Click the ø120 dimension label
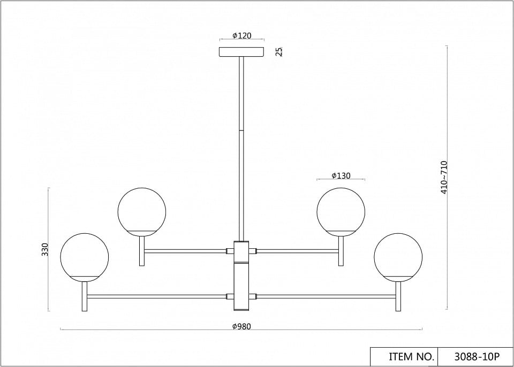click(x=242, y=36)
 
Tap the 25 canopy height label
click(x=279, y=52)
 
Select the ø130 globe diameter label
click(x=341, y=175)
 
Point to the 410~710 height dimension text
click(x=444, y=177)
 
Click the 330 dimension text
click(x=45, y=249)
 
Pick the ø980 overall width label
click(x=241, y=326)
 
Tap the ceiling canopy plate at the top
click(x=241, y=52)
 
